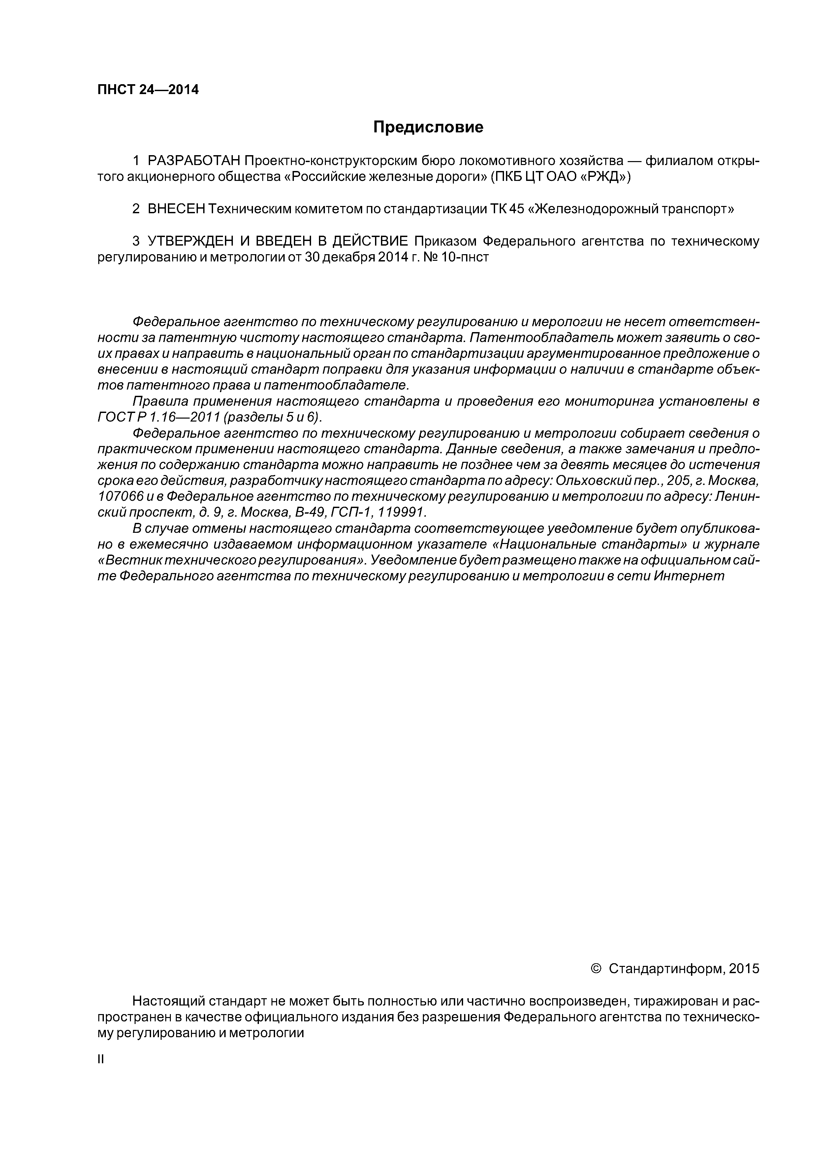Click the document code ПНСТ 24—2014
[148, 90]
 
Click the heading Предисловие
[428, 127]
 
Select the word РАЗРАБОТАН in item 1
[194, 161]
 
